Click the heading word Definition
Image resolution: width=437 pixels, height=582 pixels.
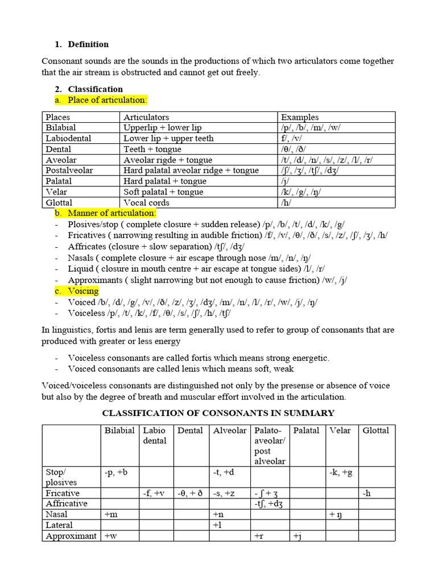(x=88, y=44)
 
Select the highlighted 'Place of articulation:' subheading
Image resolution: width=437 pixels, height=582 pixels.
(x=107, y=100)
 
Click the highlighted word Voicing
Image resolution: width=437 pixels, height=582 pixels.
(x=83, y=292)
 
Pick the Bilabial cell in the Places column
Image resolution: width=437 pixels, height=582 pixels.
(x=61, y=128)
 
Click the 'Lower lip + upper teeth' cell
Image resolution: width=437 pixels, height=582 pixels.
(x=168, y=138)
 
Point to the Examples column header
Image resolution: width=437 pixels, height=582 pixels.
(x=299, y=117)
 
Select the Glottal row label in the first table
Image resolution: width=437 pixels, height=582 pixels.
(x=59, y=202)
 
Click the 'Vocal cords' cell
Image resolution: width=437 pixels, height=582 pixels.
(x=147, y=202)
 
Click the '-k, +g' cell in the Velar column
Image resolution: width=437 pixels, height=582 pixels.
(x=341, y=472)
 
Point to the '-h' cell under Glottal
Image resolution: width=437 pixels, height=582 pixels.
(x=367, y=493)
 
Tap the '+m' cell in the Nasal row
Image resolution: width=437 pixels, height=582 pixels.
(x=111, y=514)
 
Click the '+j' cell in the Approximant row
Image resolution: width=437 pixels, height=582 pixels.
(x=296, y=536)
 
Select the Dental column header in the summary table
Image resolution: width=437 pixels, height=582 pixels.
(x=190, y=431)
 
